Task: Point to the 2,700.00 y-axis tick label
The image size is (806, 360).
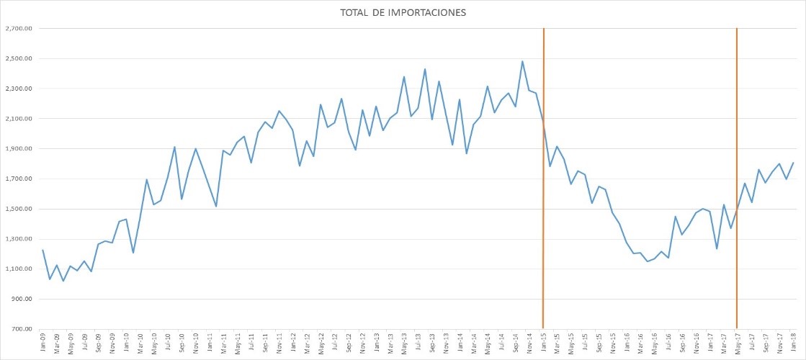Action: [19, 29]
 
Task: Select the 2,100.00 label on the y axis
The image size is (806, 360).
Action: [19, 119]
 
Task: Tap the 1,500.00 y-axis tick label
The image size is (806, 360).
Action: [19, 209]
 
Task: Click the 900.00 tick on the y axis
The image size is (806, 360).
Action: [22, 299]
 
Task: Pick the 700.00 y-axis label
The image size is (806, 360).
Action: [22, 329]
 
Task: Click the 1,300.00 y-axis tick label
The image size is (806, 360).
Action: [19, 239]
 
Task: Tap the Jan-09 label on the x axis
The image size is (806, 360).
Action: [42, 343]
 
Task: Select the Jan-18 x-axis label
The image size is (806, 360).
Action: [794, 343]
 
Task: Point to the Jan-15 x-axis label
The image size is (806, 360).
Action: [543, 343]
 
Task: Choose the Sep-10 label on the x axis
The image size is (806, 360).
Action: [182, 343]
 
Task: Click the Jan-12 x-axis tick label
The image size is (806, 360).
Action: [293, 343]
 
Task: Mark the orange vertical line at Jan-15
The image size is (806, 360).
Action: [543, 216]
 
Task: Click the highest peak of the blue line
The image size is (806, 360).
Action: [522, 61]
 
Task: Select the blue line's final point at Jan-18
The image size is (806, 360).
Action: [793, 163]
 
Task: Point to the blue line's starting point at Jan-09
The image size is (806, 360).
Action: [42, 250]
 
